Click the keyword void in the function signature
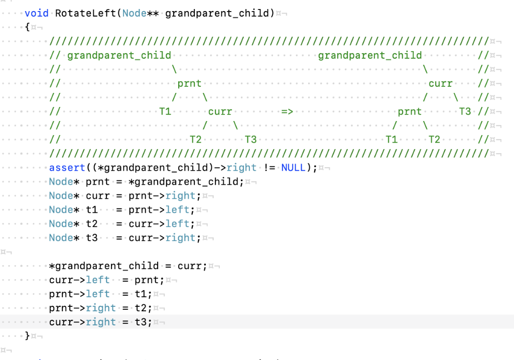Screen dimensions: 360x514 [x=37, y=13]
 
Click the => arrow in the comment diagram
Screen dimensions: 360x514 [x=287, y=111]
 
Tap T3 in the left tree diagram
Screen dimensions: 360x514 [x=250, y=140]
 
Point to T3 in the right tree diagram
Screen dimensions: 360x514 [x=465, y=111]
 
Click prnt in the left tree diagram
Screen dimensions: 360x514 [x=189, y=83]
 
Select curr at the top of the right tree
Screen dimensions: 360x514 [x=440, y=83]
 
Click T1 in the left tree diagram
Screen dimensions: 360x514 [x=165, y=111]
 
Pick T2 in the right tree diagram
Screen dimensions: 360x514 [x=434, y=140]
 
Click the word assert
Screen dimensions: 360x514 [x=64, y=168]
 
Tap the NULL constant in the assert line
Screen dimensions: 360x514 [x=293, y=168]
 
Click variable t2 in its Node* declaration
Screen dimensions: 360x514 [x=91, y=224]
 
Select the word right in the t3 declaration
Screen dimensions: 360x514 [x=180, y=238]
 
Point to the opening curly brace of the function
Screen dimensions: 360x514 [x=27, y=27]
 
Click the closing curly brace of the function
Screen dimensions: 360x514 [x=27, y=336]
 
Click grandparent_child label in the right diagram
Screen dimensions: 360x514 [x=370, y=55]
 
